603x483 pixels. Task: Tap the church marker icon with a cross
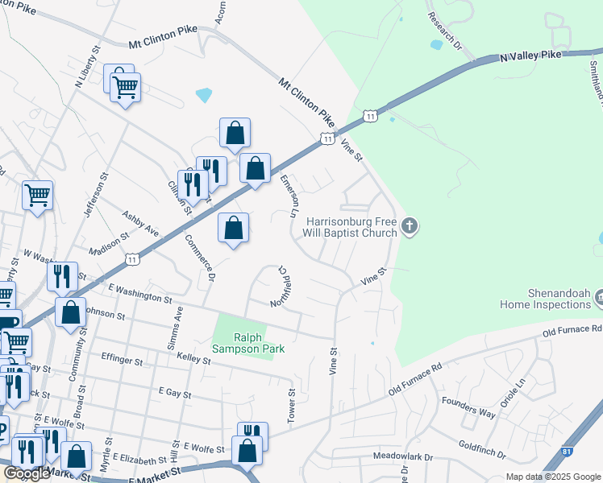410,226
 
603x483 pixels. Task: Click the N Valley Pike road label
530,56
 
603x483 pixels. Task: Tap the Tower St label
293,407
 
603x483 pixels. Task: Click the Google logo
27,473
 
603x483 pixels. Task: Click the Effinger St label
122,358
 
